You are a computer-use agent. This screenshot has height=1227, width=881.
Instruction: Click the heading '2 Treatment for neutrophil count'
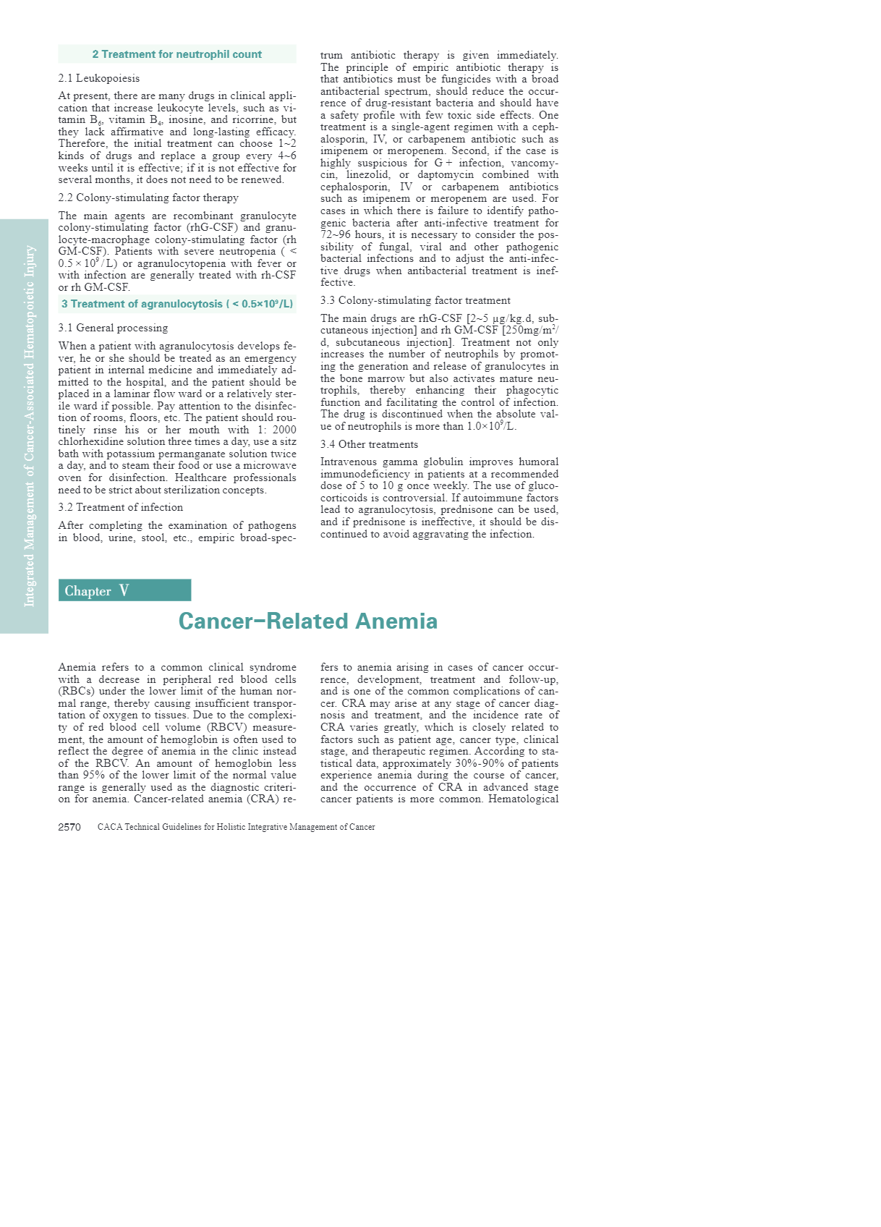point(176,54)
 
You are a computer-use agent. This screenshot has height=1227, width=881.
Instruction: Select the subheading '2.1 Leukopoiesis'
point(99,78)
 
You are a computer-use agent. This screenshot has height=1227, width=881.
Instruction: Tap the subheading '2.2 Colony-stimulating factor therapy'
point(148,198)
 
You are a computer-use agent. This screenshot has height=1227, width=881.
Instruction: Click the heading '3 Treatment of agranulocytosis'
point(177,304)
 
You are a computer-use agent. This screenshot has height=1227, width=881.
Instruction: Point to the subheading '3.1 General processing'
point(113,328)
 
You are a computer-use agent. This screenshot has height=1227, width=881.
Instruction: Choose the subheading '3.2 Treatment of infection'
point(121,507)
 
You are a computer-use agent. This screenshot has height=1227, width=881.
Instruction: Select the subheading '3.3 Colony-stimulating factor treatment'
point(415,300)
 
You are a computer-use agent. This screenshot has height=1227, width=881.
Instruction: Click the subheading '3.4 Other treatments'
point(369,444)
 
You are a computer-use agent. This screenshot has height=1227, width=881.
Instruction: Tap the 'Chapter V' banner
point(124,590)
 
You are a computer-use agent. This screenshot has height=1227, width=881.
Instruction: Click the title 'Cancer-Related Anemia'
point(307,621)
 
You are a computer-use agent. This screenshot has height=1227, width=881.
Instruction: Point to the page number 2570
point(69,827)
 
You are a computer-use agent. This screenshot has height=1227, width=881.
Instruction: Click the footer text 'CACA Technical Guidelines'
point(236,827)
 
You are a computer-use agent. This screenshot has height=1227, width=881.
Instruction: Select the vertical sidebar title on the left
point(30,426)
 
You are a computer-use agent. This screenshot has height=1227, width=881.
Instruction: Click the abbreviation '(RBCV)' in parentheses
point(226,727)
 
